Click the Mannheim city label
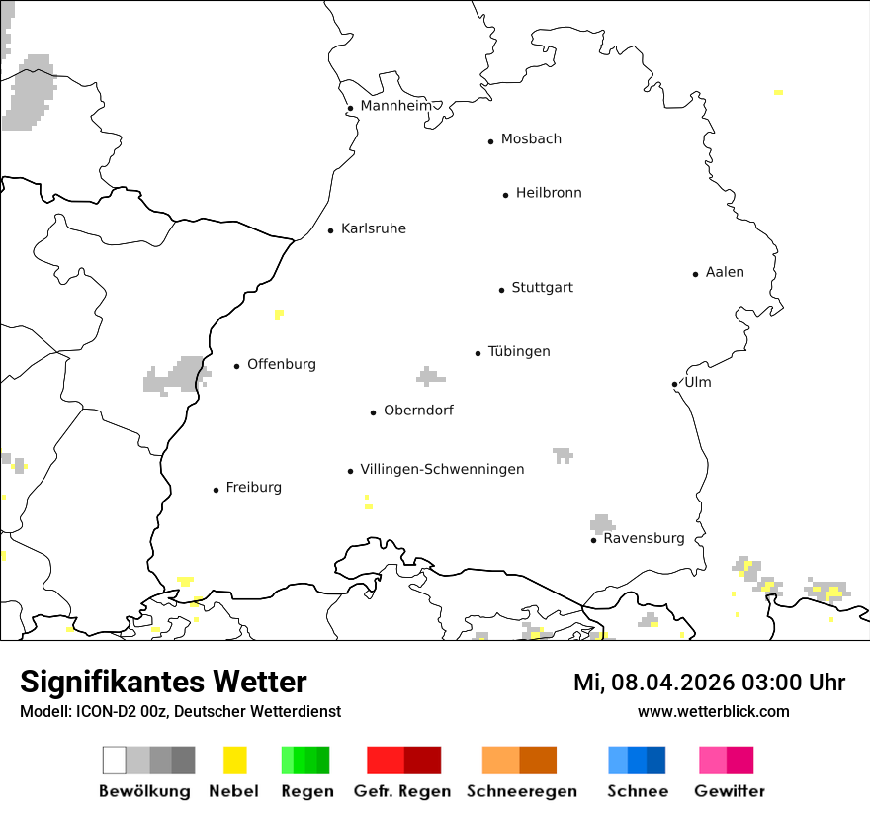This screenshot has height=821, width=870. (395, 106)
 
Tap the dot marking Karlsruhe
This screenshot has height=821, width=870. (331, 230)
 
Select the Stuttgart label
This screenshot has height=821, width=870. (542, 288)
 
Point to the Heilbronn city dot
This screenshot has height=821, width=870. (505, 195)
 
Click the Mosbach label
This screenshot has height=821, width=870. (531, 139)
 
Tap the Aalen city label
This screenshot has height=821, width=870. (725, 272)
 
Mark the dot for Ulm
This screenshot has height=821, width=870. (674, 384)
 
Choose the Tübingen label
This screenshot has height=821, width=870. (519, 351)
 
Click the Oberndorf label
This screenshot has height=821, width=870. (418, 410)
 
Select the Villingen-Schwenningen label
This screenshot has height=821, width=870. (442, 469)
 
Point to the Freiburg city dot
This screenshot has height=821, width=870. (216, 490)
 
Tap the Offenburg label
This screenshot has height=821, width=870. (282, 364)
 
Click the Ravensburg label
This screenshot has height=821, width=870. (644, 539)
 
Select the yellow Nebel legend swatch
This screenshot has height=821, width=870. (234, 760)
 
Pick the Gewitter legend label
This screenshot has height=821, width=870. (729, 791)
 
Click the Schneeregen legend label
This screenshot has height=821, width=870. (522, 791)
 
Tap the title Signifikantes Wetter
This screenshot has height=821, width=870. (163, 683)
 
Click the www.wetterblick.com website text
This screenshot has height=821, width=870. (713, 711)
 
